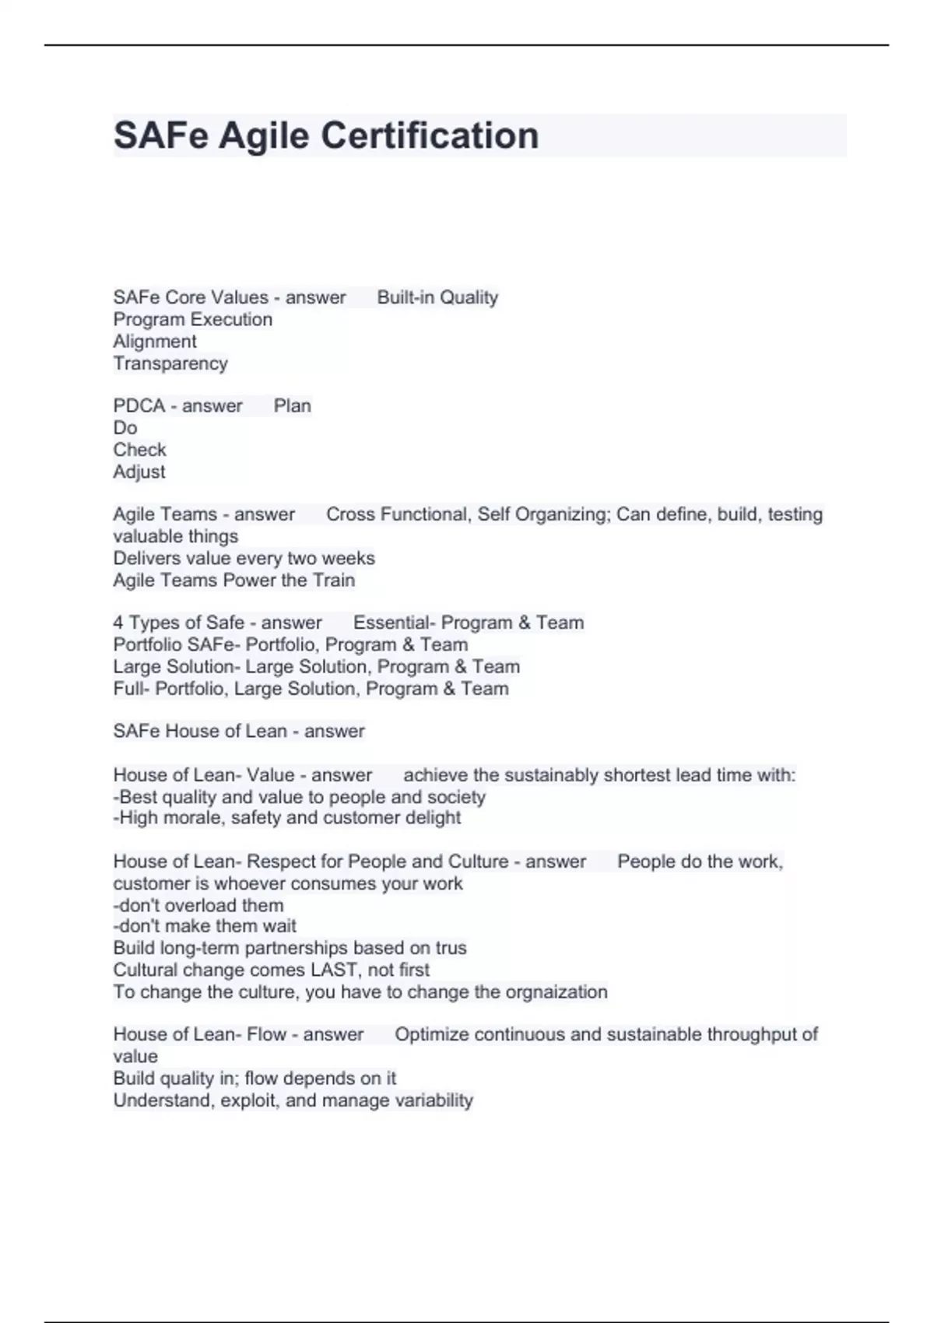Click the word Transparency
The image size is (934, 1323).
pyautogui.click(x=170, y=363)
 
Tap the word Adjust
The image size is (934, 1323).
pyautogui.click(x=139, y=472)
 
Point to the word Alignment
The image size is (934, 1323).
pyautogui.click(x=155, y=342)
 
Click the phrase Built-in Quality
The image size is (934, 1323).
pyautogui.click(x=437, y=297)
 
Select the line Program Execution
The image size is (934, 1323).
pyautogui.click(x=193, y=320)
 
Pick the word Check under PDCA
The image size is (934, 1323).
pyautogui.click(x=139, y=450)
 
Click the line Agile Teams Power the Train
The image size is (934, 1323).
pyautogui.click(x=234, y=581)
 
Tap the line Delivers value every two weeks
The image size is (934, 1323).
pyautogui.click(x=244, y=559)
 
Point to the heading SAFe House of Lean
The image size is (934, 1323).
pyautogui.click(x=199, y=732)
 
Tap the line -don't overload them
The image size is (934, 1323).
pyautogui.click(x=198, y=906)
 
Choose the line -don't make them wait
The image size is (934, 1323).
pyautogui.click(x=205, y=926)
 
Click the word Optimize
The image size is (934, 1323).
pyautogui.click(x=431, y=1035)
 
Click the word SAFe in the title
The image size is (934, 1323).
pyautogui.click(x=161, y=135)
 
